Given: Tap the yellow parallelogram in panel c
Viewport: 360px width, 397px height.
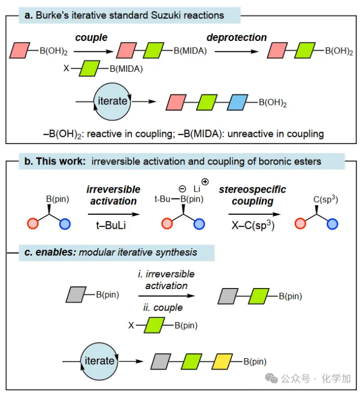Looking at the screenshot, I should [x=223, y=361].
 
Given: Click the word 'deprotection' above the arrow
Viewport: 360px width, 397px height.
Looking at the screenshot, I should [x=237, y=38].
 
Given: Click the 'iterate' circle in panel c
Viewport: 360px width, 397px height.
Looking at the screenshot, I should [x=99, y=360].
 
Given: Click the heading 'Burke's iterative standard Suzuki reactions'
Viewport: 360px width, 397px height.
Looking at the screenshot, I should [x=129, y=15].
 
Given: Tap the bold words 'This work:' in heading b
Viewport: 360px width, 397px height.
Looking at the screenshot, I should [x=57, y=161].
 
